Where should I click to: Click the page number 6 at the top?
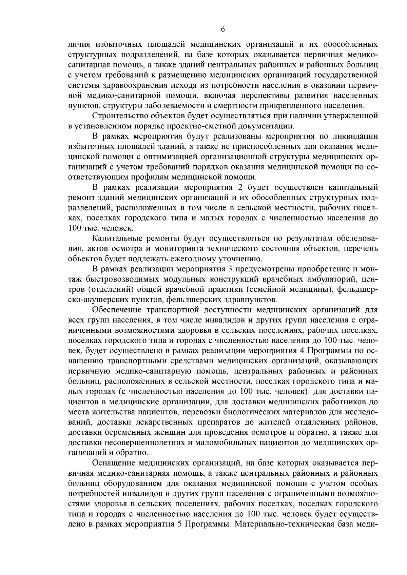[x=222, y=29]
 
